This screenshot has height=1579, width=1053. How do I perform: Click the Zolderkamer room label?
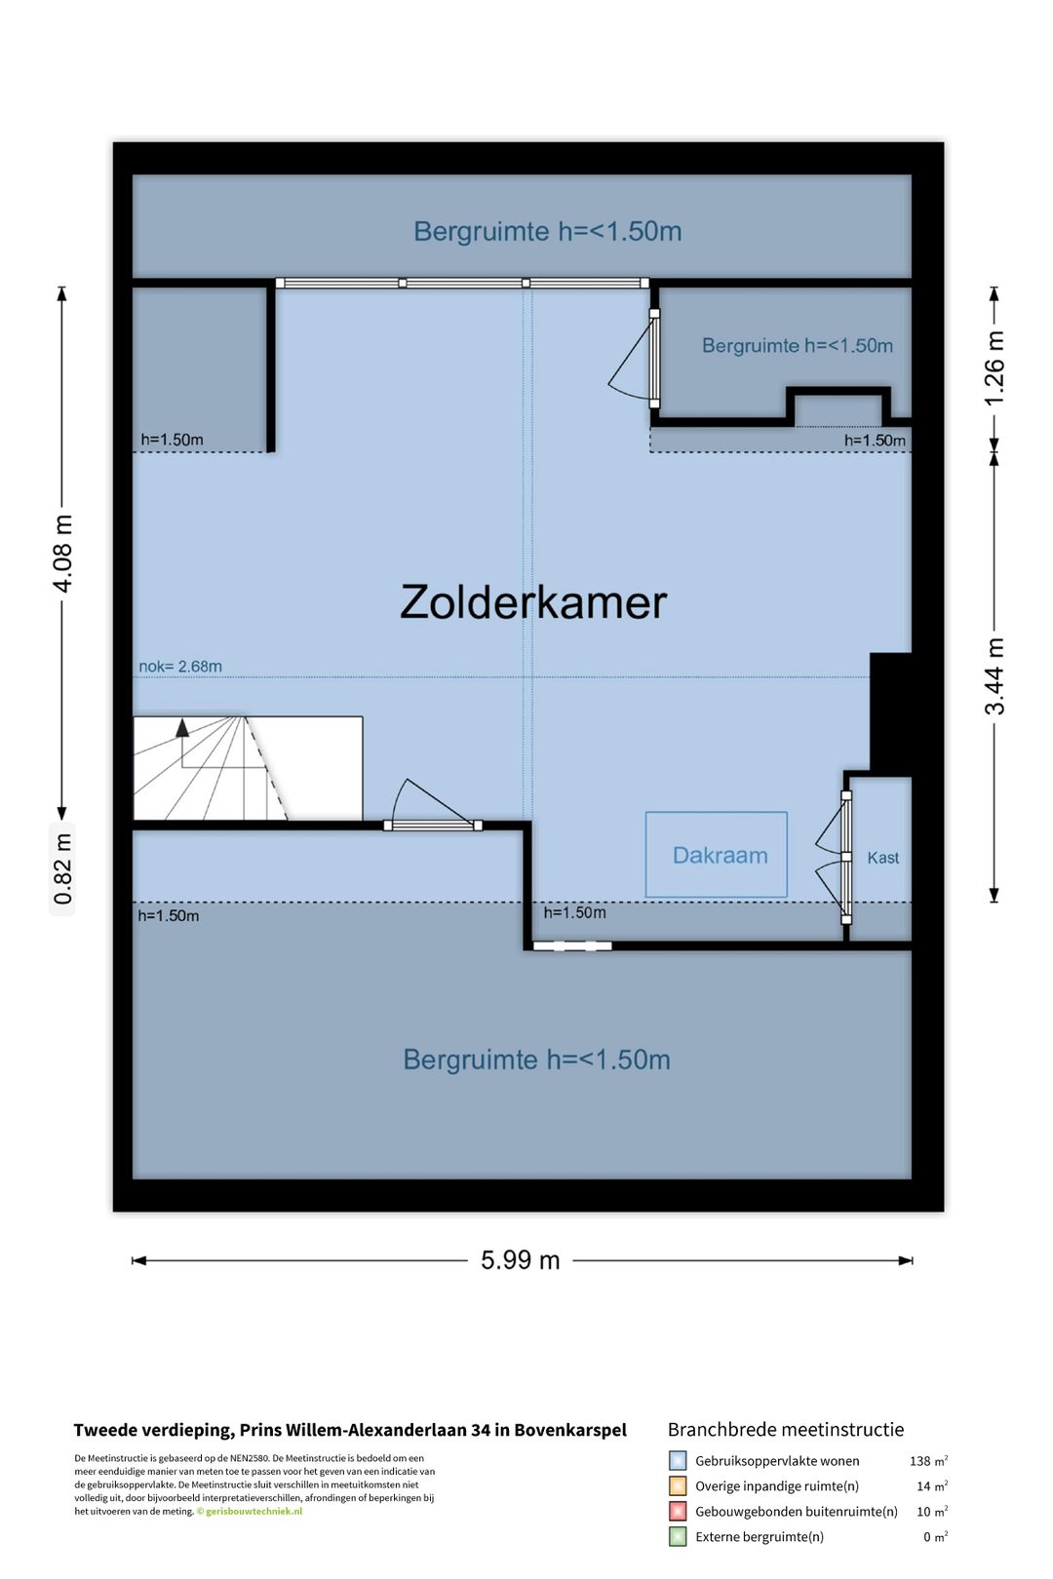click(x=533, y=602)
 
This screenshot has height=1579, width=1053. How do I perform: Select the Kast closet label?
click(x=883, y=858)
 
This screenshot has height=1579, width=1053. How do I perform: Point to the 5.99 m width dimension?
click(x=521, y=1260)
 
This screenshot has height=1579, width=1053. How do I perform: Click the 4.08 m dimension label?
click(x=62, y=554)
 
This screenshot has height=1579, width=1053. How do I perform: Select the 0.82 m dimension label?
click(x=62, y=868)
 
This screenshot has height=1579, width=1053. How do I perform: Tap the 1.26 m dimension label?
click(x=994, y=368)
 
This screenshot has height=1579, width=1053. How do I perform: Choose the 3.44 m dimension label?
click(x=994, y=676)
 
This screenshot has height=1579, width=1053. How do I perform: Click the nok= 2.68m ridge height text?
click(x=180, y=666)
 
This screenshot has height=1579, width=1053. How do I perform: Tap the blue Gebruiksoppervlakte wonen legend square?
click(x=677, y=1460)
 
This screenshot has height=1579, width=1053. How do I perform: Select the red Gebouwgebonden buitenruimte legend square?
click(x=677, y=1512)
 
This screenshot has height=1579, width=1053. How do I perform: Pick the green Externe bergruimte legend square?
click(x=677, y=1537)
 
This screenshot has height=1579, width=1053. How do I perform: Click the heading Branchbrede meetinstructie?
click(x=786, y=1430)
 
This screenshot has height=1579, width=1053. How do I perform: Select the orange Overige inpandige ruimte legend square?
click(x=677, y=1486)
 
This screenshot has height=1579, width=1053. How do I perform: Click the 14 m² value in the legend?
click(x=932, y=1486)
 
